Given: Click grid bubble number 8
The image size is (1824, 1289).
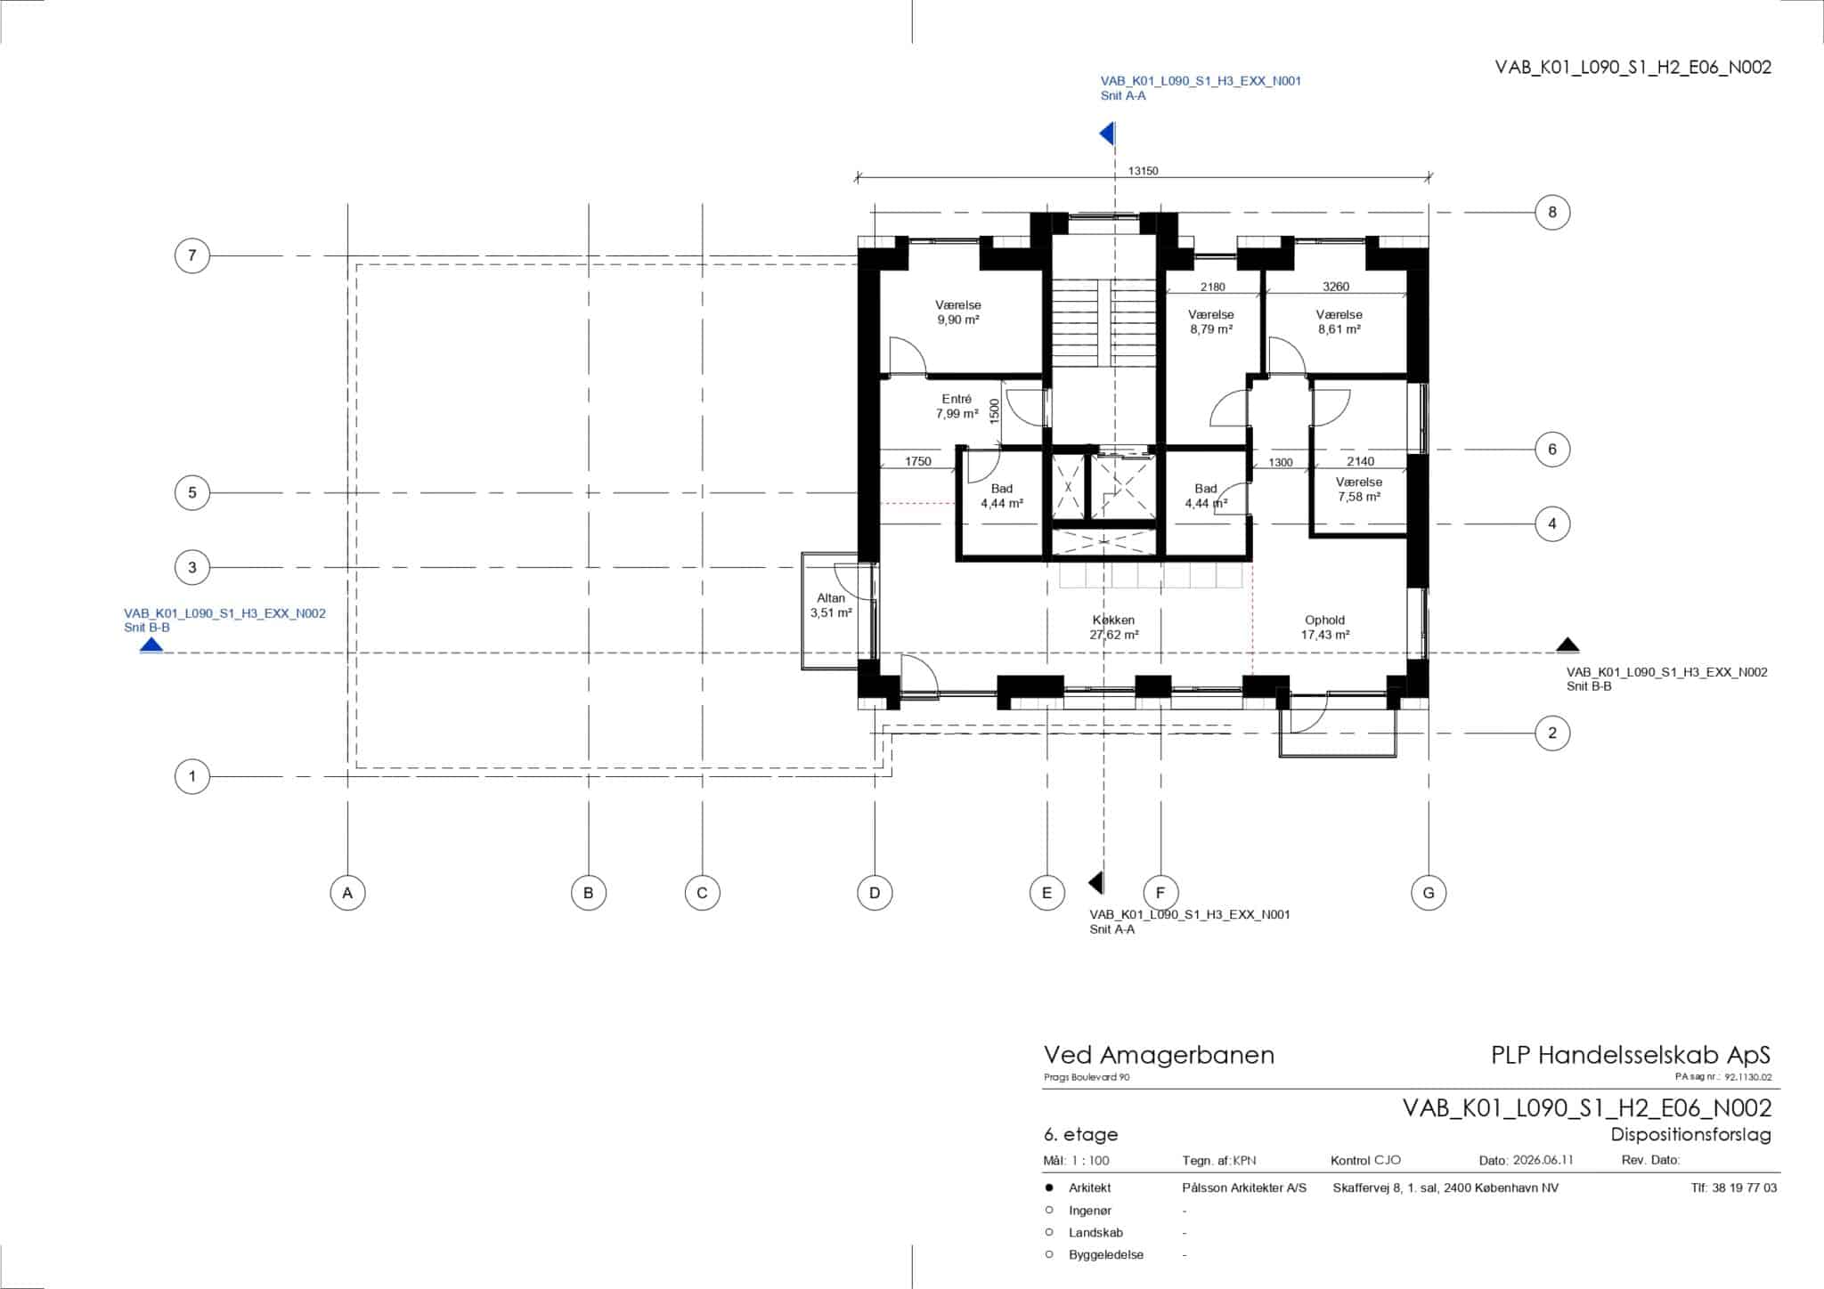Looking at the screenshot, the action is (x=1552, y=212).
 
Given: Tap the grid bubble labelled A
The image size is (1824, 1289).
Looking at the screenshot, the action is (x=347, y=892).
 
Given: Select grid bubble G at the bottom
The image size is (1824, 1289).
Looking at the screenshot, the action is (x=1429, y=892).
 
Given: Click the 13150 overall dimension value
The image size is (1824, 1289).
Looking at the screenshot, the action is (x=1143, y=171).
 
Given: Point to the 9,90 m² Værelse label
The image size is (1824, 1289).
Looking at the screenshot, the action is (x=958, y=312).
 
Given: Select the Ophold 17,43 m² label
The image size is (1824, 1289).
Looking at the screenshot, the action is (x=1325, y=628).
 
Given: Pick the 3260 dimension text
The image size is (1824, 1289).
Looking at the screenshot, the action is (x=1336, y=287).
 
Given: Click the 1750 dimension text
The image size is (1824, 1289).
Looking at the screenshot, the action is (x=917, y=461).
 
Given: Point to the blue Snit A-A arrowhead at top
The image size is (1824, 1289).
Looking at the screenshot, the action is (x=1107, y=134).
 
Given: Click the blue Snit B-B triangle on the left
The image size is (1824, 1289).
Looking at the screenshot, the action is (x=151, y=644).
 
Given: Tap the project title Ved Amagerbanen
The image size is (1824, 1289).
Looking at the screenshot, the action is (x=1159, y=1056).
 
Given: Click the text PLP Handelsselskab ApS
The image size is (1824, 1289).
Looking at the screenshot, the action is (x=1631, y=1056).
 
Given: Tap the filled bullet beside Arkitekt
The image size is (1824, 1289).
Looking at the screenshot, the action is (x=1049, y=1188).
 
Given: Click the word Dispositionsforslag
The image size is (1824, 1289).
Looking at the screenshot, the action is (x=1690, y=1135).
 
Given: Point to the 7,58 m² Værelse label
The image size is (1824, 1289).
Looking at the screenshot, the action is (x=1359, y=490).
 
